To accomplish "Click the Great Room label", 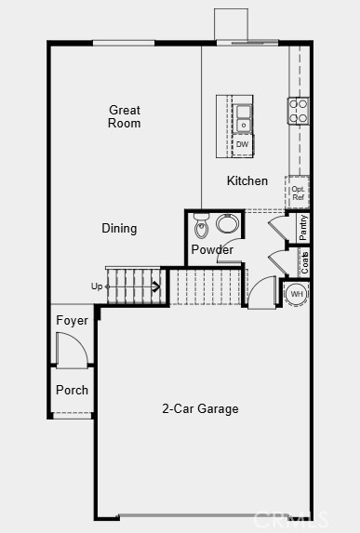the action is click(x=124, y=116).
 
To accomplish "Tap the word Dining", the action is click(x=119, y=228).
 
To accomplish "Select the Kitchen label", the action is click(x=247, y=180).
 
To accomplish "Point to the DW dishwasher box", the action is click(x=243, y=144).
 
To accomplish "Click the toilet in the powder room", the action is click(x=200, y=226).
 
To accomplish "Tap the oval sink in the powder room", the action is click(x=228, y=223).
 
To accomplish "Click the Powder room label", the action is click(x=212, y=249).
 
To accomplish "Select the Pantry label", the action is click(x=303, y=227).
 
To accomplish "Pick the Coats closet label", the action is click(x=304, y=262).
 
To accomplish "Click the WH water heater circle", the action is click(x=297, y=294).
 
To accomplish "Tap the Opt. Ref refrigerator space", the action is click(x=298, y=193).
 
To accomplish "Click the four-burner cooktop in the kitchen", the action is click(x=298, y=111).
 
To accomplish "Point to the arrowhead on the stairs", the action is click(x=156, y=286).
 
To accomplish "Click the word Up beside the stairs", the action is click(x=97, y=286).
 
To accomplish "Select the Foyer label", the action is click(x=72, y=320).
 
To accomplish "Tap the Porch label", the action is click(x=72, y=390).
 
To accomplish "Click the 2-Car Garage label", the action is click(x=200, y=408).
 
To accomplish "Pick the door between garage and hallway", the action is click(x=262, y=292).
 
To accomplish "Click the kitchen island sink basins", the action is click(x=244, y=117).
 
